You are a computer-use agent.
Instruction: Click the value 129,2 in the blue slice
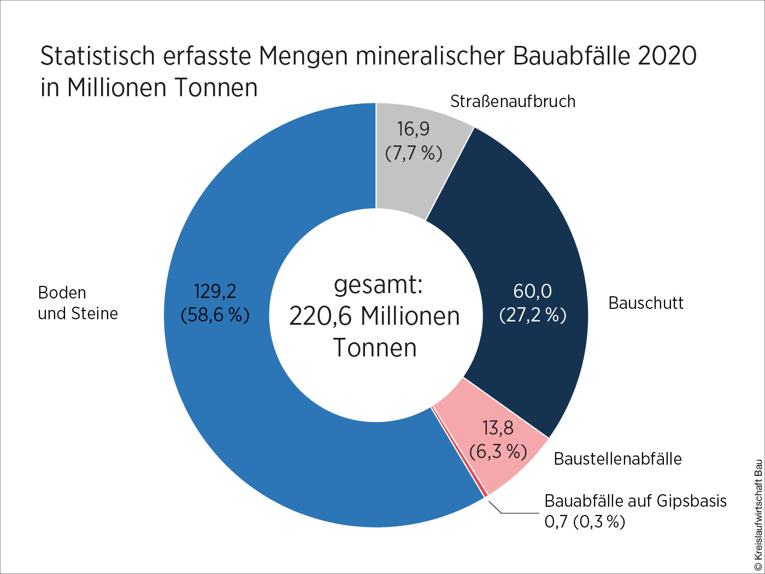click(215, 291)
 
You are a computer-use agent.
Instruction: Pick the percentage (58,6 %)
click(215, 315)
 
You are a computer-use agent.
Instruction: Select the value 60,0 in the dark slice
click(532, 291)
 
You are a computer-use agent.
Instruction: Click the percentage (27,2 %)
click(532, 315)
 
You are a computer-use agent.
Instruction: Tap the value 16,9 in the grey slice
click(413, 129)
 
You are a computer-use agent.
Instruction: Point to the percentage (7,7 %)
click(413, 153)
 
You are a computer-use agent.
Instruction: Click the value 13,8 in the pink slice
click(498, 427)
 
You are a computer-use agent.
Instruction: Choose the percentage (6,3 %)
click(498, 452)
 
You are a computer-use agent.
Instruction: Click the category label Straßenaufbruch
click(513, 102)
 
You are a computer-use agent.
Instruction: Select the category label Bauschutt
click(646, 303)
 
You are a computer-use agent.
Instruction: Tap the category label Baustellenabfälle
click(617, 459)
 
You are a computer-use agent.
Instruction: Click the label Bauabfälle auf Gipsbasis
click(635, 501)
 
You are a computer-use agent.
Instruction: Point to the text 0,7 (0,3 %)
click(585, 522)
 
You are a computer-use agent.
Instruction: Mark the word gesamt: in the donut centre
click(378, 285)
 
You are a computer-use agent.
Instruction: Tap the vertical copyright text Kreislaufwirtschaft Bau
click(758, 514)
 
